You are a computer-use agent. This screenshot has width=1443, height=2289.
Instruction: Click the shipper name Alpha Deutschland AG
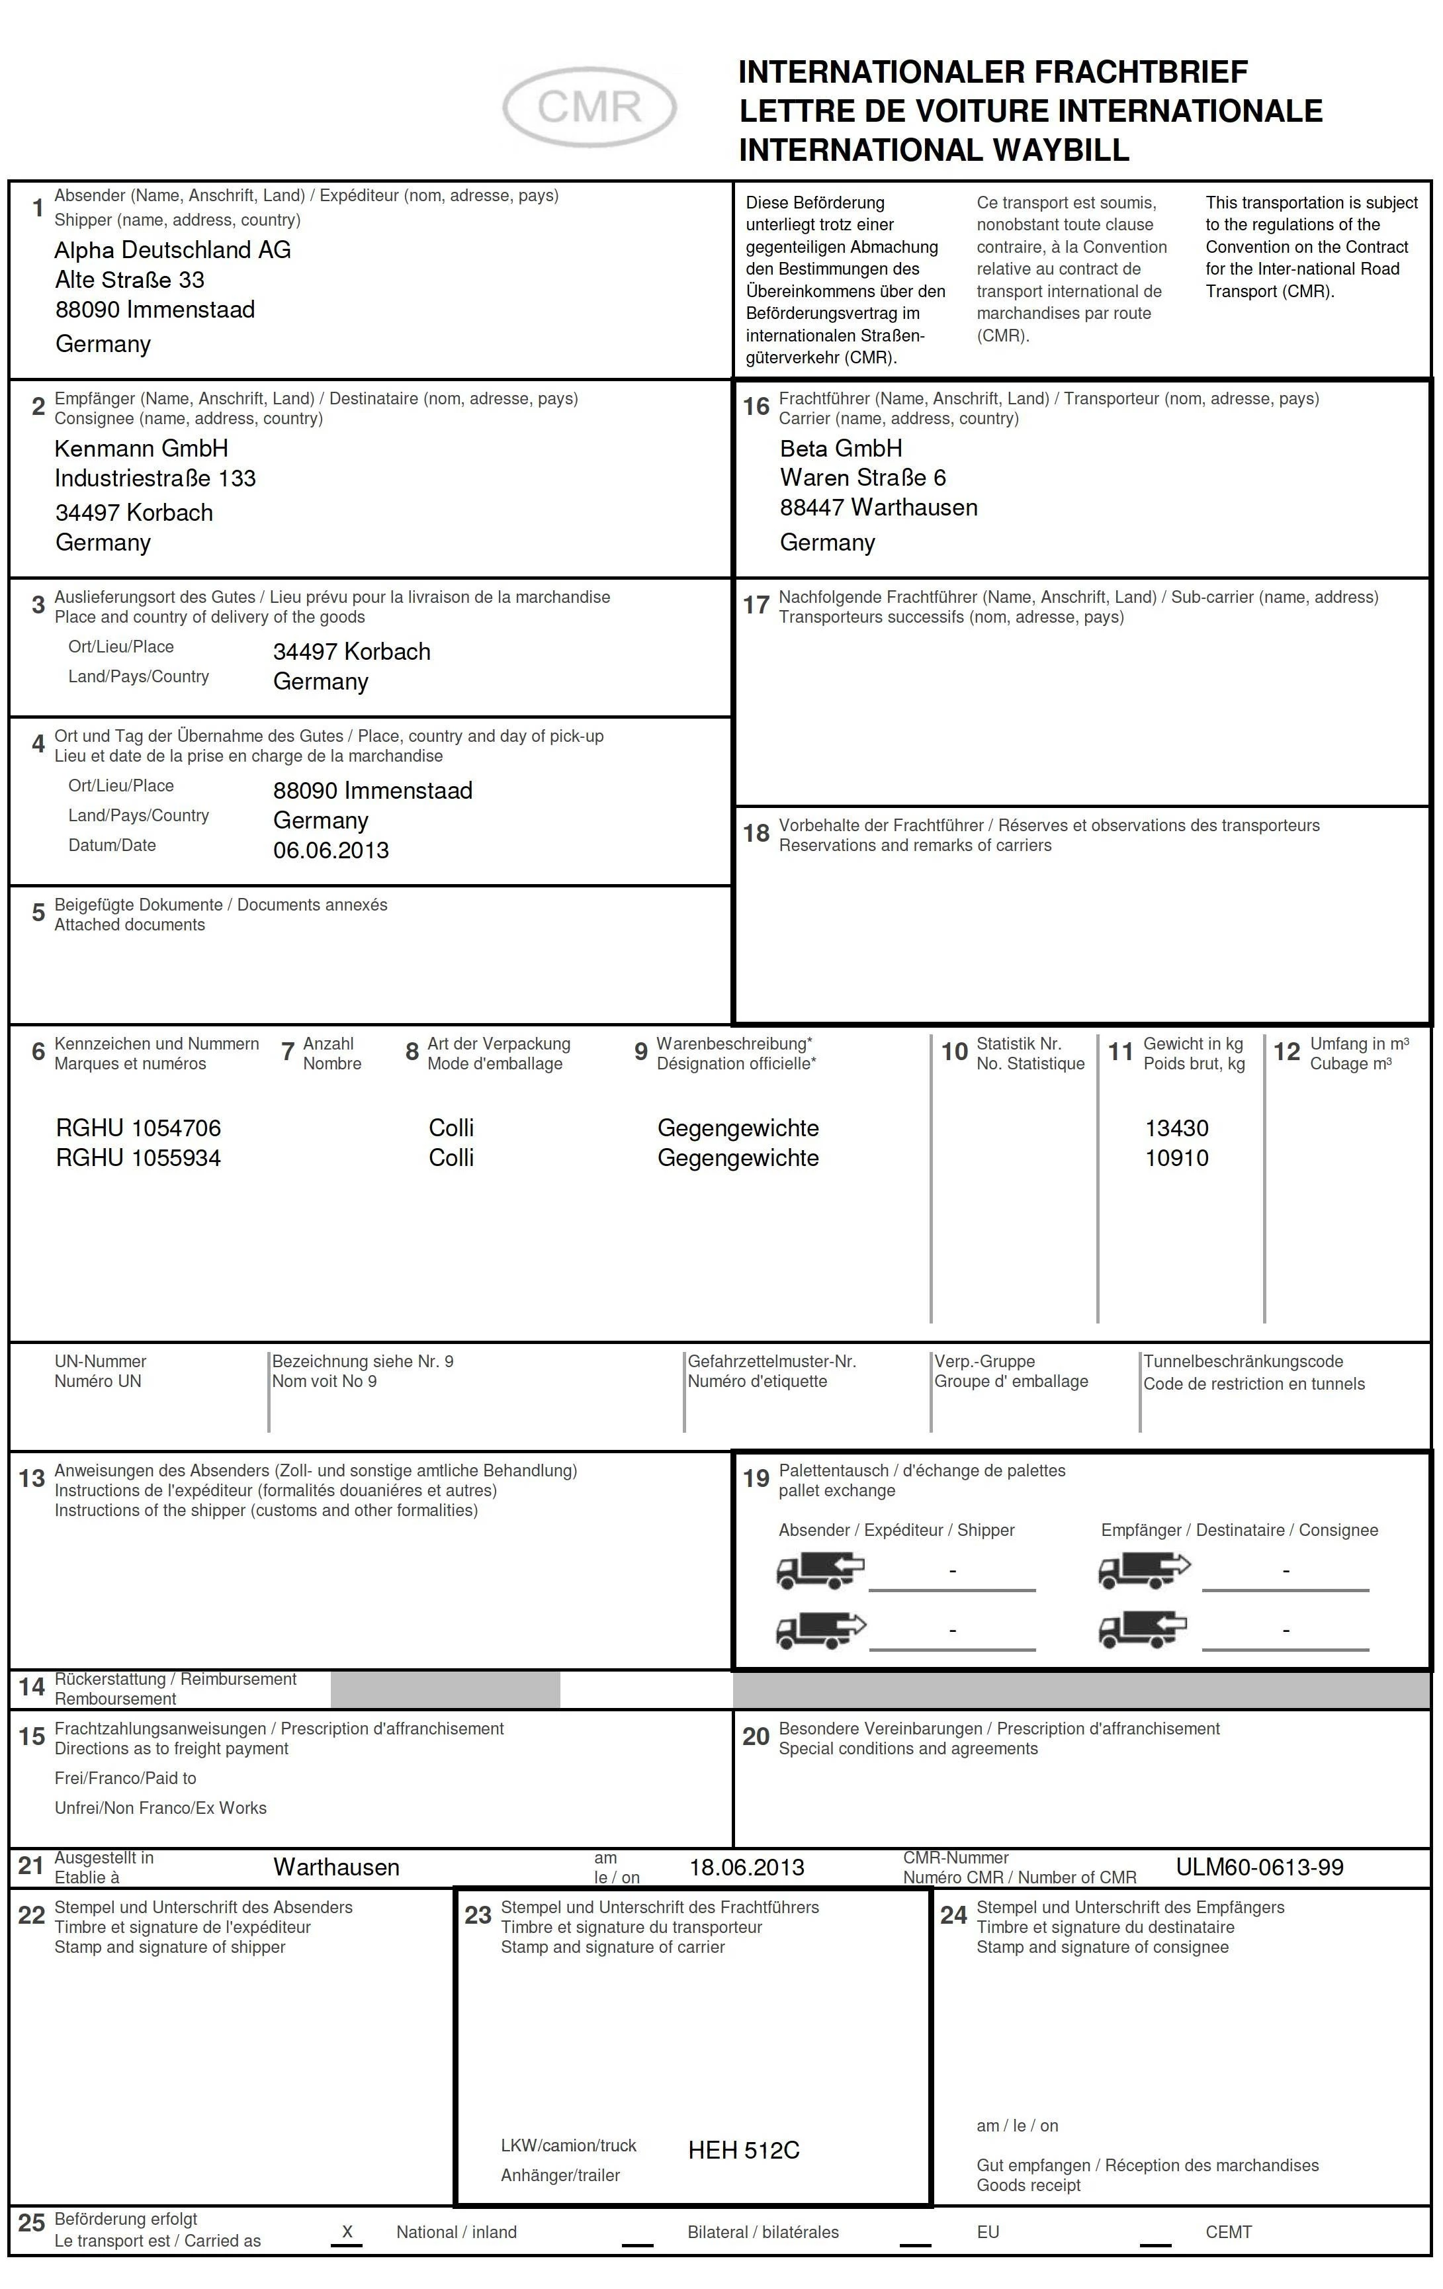(x=172, y=250)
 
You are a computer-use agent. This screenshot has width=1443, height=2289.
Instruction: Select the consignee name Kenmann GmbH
(x=141, y=448)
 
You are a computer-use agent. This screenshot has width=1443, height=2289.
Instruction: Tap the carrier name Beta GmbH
(x=840, y=448)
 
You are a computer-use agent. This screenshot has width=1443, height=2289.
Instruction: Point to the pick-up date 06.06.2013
(x=331, y=850)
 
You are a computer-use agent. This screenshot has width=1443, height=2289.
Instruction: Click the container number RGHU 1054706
(x=138, y=1128)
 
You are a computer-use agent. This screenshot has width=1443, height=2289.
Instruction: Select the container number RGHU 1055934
(x=138, y=1158)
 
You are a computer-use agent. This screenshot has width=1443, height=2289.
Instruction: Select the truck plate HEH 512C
(x=744, y=2150)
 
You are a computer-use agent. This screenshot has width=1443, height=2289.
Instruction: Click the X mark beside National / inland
(x=347, y=2231)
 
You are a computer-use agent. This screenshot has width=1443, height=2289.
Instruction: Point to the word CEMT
(x=1228, y=2232)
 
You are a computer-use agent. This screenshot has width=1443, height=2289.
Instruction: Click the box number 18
(x=756, y=834)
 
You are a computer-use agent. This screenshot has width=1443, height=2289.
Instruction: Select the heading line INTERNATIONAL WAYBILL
(x=934, y=150)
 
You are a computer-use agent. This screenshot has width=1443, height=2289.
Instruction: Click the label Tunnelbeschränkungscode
(x=1243, y=1361)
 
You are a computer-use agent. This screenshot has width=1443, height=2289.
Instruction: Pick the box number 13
(x=31, y=1478)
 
